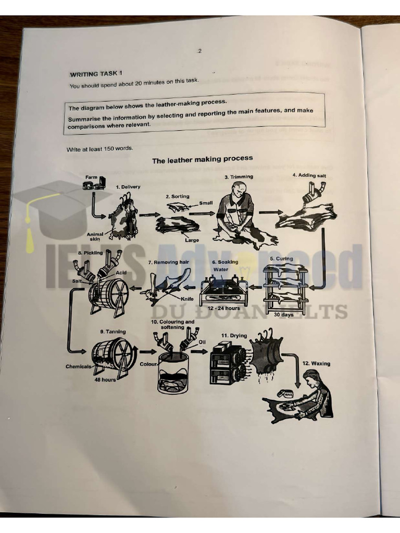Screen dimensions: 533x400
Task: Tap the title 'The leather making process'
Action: (x=202, y=159)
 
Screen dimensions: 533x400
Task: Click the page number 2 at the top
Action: (x=199, y=50)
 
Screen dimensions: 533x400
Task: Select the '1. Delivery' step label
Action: (x=128, y=186)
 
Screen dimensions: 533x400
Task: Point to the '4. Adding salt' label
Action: (x=309, y=175)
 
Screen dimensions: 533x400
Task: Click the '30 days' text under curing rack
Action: (x=284, y=314)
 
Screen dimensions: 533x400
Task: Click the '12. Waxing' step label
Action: (x=316, y=363)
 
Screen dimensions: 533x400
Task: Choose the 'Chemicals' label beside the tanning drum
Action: (x=78, y=366)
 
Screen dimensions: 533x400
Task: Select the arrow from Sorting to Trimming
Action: (x=202, y=213)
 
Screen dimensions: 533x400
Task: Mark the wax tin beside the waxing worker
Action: (x=287, y=395)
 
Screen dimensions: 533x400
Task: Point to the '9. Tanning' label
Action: (x=113, y=332)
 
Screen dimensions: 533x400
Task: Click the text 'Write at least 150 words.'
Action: (x=99, y=149)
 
